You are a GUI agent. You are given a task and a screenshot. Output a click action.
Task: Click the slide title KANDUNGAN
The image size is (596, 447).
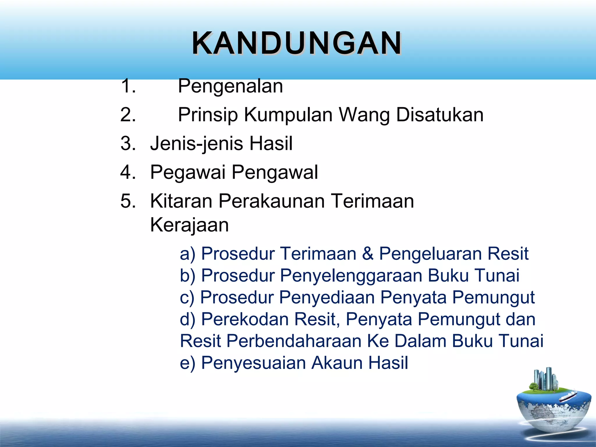(x=297, y=43)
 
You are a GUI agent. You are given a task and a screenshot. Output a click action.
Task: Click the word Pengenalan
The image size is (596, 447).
(x=230, y=86)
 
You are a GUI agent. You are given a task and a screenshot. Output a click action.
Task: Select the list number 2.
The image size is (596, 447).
(x=128, y=115)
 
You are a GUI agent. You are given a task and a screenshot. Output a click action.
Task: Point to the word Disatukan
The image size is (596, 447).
(x=440, y=115)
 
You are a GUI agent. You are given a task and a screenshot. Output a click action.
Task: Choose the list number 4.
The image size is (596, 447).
(x=128, y=172)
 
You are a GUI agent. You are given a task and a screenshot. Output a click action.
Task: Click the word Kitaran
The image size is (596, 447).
(x=181, y=201)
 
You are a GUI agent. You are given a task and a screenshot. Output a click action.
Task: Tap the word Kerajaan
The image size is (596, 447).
(x=189, y=225)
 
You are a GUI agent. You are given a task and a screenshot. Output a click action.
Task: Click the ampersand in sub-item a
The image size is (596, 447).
(x=368, y=253)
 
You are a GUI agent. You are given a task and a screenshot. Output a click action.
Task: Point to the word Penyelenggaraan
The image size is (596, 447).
(x=351, y=276)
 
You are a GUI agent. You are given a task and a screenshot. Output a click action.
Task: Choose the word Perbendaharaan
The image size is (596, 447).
(x=294, y=341)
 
